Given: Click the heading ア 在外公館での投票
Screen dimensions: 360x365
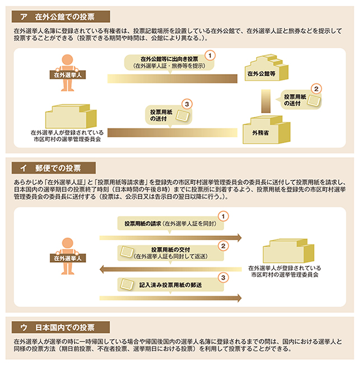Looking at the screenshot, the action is click(x=61, y=16).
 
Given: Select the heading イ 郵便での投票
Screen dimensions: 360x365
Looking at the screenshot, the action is click(x=54, y=168).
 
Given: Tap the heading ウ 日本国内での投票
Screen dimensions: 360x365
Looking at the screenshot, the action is click(x=61, y=327).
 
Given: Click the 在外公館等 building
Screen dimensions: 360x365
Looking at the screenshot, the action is click(x=266, y=68).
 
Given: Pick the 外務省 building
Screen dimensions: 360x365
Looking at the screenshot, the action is click(x=266, y=130).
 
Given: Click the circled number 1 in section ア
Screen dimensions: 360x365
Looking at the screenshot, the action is click(x=210, y=56).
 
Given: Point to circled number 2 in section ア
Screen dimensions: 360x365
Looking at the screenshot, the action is click(x=316, y=89).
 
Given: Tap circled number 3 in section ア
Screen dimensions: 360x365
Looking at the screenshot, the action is click(x=187, y=104).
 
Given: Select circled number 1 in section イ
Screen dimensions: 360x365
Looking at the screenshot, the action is click(x=223, y=216).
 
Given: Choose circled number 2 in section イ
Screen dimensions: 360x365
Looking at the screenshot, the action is click(x=223, y=246).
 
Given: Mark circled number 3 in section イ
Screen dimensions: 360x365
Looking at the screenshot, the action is click(x=223, y=278).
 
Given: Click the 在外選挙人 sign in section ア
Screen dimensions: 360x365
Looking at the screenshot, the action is click(x=67, y=75).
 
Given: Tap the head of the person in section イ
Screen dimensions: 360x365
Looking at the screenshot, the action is click(x=67, y=243).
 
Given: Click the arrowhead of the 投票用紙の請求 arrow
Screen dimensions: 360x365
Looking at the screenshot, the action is click(x=239, y=238).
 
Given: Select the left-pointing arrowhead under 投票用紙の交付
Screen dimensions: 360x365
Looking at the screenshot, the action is click(x=102, y=270).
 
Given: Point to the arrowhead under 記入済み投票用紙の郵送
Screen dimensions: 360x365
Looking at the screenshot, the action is click(x=239, y=298).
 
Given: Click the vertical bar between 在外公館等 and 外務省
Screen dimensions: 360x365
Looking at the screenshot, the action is click(x=266, y=101).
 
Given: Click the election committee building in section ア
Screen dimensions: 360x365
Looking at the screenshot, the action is click(x=71, y=116).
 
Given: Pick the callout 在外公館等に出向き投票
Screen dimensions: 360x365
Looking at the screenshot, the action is click(x=169, y=63).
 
